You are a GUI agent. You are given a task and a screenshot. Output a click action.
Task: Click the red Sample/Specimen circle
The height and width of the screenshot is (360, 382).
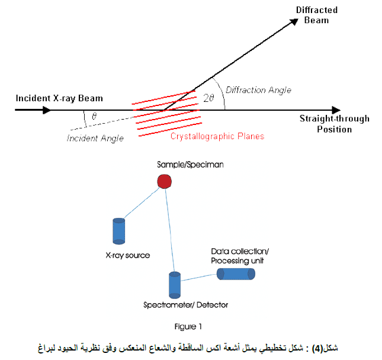pos(165,181)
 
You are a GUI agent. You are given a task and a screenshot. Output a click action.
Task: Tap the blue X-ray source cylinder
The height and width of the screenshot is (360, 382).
pos(119,231)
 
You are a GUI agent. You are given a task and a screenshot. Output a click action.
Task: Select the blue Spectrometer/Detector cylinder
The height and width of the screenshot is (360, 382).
pos(175,285)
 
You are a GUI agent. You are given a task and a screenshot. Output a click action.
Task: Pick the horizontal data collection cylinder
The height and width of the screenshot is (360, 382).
pos(236,274)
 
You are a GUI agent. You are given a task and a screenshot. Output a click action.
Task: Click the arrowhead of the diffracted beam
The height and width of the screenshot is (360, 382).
pos(294,22)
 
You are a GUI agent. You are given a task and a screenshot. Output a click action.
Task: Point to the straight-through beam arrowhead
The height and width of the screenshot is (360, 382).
pos(336,110)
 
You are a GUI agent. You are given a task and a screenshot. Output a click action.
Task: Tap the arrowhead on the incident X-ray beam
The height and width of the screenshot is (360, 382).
pos(47,110)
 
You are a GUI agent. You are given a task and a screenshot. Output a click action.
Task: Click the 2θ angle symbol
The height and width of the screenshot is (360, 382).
pos(209,98)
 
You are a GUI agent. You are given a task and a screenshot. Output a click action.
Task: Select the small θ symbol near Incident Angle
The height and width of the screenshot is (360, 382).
pos(94,116)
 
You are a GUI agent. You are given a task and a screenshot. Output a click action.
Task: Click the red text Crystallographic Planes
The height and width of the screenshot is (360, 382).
pos(217,136)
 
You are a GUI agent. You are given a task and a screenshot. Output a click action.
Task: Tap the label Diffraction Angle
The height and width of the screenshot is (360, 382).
pos(258,90)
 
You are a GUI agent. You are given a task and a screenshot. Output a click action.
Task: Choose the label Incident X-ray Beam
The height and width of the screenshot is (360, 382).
pos(59,98)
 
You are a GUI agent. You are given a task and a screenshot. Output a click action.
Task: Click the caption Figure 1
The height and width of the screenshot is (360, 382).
pos(188,326)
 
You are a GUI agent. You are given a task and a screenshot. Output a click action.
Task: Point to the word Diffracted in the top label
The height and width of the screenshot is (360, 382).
pos(317,10)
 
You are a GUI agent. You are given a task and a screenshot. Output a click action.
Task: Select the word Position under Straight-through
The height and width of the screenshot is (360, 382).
pos(334,129)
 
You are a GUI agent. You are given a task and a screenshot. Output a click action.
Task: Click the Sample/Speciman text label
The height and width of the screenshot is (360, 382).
pos(190,165)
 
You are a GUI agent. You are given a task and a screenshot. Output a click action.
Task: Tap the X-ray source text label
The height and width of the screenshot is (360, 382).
pos(128,255)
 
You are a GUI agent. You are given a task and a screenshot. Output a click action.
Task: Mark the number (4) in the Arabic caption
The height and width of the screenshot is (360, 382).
pos(317,348)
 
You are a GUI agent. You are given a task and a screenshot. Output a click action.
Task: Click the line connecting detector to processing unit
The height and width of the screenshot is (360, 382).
pos(199,278)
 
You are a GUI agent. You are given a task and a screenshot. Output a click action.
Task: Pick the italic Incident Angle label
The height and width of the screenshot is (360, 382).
pos(95,139)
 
